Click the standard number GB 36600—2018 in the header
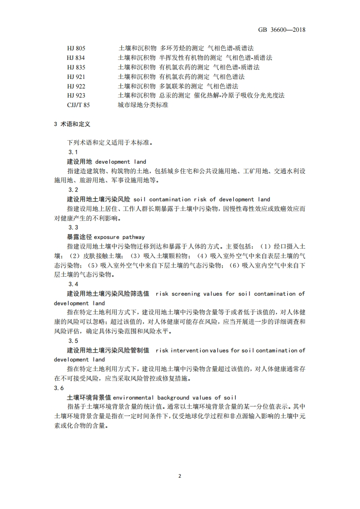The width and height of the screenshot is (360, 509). [x=281, y=30]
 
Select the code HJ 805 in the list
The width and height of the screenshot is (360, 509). [x=76, y=48]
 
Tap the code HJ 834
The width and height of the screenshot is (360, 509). [x=76, y=58]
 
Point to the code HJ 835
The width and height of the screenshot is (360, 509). [x=76, y=67]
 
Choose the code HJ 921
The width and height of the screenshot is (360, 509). [x=76, y=77]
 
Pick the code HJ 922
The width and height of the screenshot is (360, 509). [x=76, y=86]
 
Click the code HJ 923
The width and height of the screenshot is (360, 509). [x=76, y=96]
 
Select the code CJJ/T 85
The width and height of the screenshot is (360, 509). [x=78, y=105]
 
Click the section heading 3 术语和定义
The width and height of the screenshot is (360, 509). [x=72, y=123]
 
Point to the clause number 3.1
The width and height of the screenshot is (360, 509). [x=73, y=152]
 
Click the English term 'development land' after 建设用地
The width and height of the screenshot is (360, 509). [x=120, y=162]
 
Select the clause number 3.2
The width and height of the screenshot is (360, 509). [x=73, y=190]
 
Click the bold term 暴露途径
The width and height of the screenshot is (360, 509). [x=79, y=237]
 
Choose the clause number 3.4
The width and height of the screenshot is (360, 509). [x=73, y=284]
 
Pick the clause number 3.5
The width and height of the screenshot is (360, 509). [x=73, y=341]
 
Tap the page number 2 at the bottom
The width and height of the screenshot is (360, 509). [x=180, y=476]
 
